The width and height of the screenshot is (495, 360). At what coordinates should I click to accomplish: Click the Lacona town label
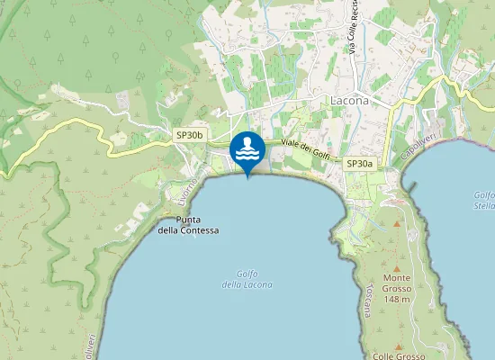click(x=351, y=101)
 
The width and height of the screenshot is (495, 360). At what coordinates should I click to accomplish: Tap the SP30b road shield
click(x=191, y=135)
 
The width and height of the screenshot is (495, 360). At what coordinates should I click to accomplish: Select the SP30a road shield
click(x=359, y=164)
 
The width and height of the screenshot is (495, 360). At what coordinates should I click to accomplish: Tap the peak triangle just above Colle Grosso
click(x=400, y=344)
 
